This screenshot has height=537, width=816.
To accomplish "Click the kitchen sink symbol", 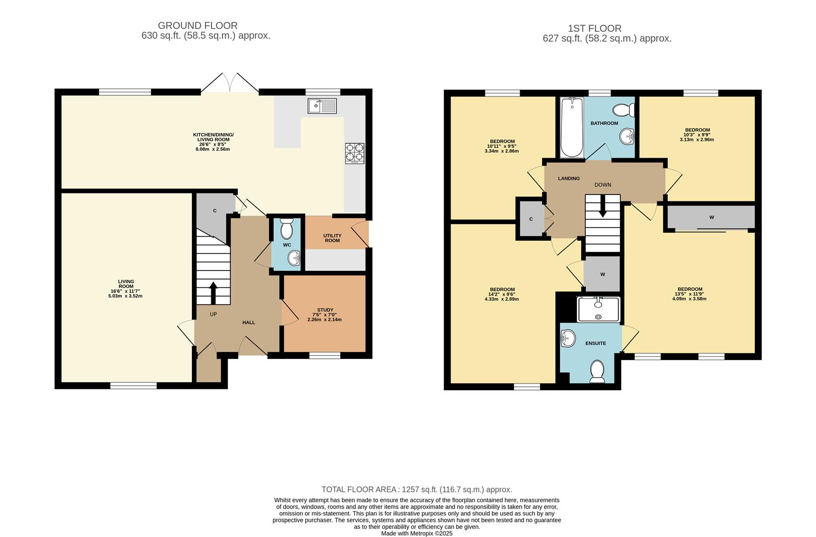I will [x=322, y=106].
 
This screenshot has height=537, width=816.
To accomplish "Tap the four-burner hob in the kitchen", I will [x=355, y=153].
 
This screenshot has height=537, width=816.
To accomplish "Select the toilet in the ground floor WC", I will [x=287, y=229].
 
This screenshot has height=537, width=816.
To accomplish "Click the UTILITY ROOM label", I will [x=332, y=238].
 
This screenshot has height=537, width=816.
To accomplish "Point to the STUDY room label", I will [x=325, y=310].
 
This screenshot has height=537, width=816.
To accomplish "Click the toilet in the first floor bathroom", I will [x=624, y=109].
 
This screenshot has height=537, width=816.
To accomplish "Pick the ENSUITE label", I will [x=595, y=344].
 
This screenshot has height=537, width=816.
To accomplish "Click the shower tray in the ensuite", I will [x=599, y=309].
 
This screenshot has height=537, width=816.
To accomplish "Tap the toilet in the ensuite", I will [x=597, y=371].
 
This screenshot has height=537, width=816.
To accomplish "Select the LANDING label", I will [x=568, y=179].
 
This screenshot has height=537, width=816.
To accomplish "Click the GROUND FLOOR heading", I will [x=197, y=25].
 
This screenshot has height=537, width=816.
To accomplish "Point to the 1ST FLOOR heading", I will [x=594, y=28].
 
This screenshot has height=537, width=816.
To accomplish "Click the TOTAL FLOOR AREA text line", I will [x=417, y=490].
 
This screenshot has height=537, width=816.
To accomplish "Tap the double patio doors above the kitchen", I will [x=230, y=83].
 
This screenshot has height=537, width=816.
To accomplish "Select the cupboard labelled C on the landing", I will [x=531, y=219].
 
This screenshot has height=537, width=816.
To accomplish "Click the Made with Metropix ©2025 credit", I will [x=417, y=534].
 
